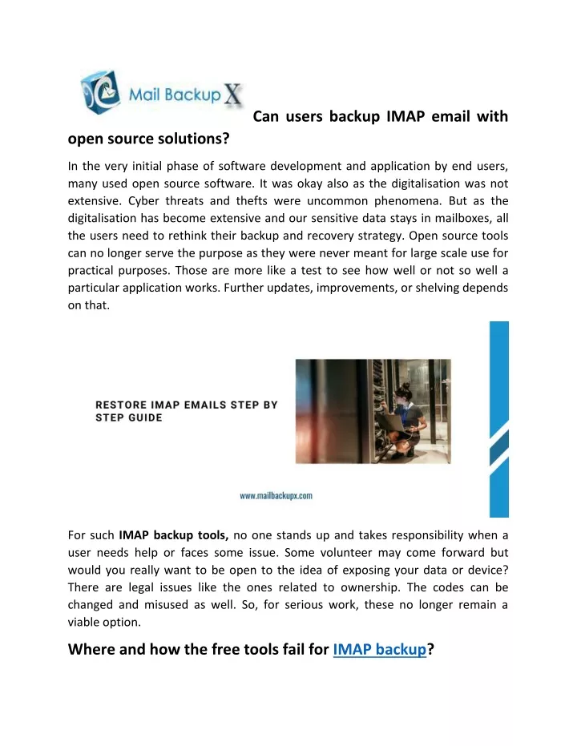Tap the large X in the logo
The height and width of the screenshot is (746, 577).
click(x=232, y=96)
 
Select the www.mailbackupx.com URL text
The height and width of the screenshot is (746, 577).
click(x=276, y=495)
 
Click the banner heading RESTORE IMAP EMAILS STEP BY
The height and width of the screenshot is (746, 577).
click(x=187, y=405)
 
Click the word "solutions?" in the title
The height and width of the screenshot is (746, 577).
click(x=193, y=139)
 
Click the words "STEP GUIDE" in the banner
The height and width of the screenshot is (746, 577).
click(x=129, y=417)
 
